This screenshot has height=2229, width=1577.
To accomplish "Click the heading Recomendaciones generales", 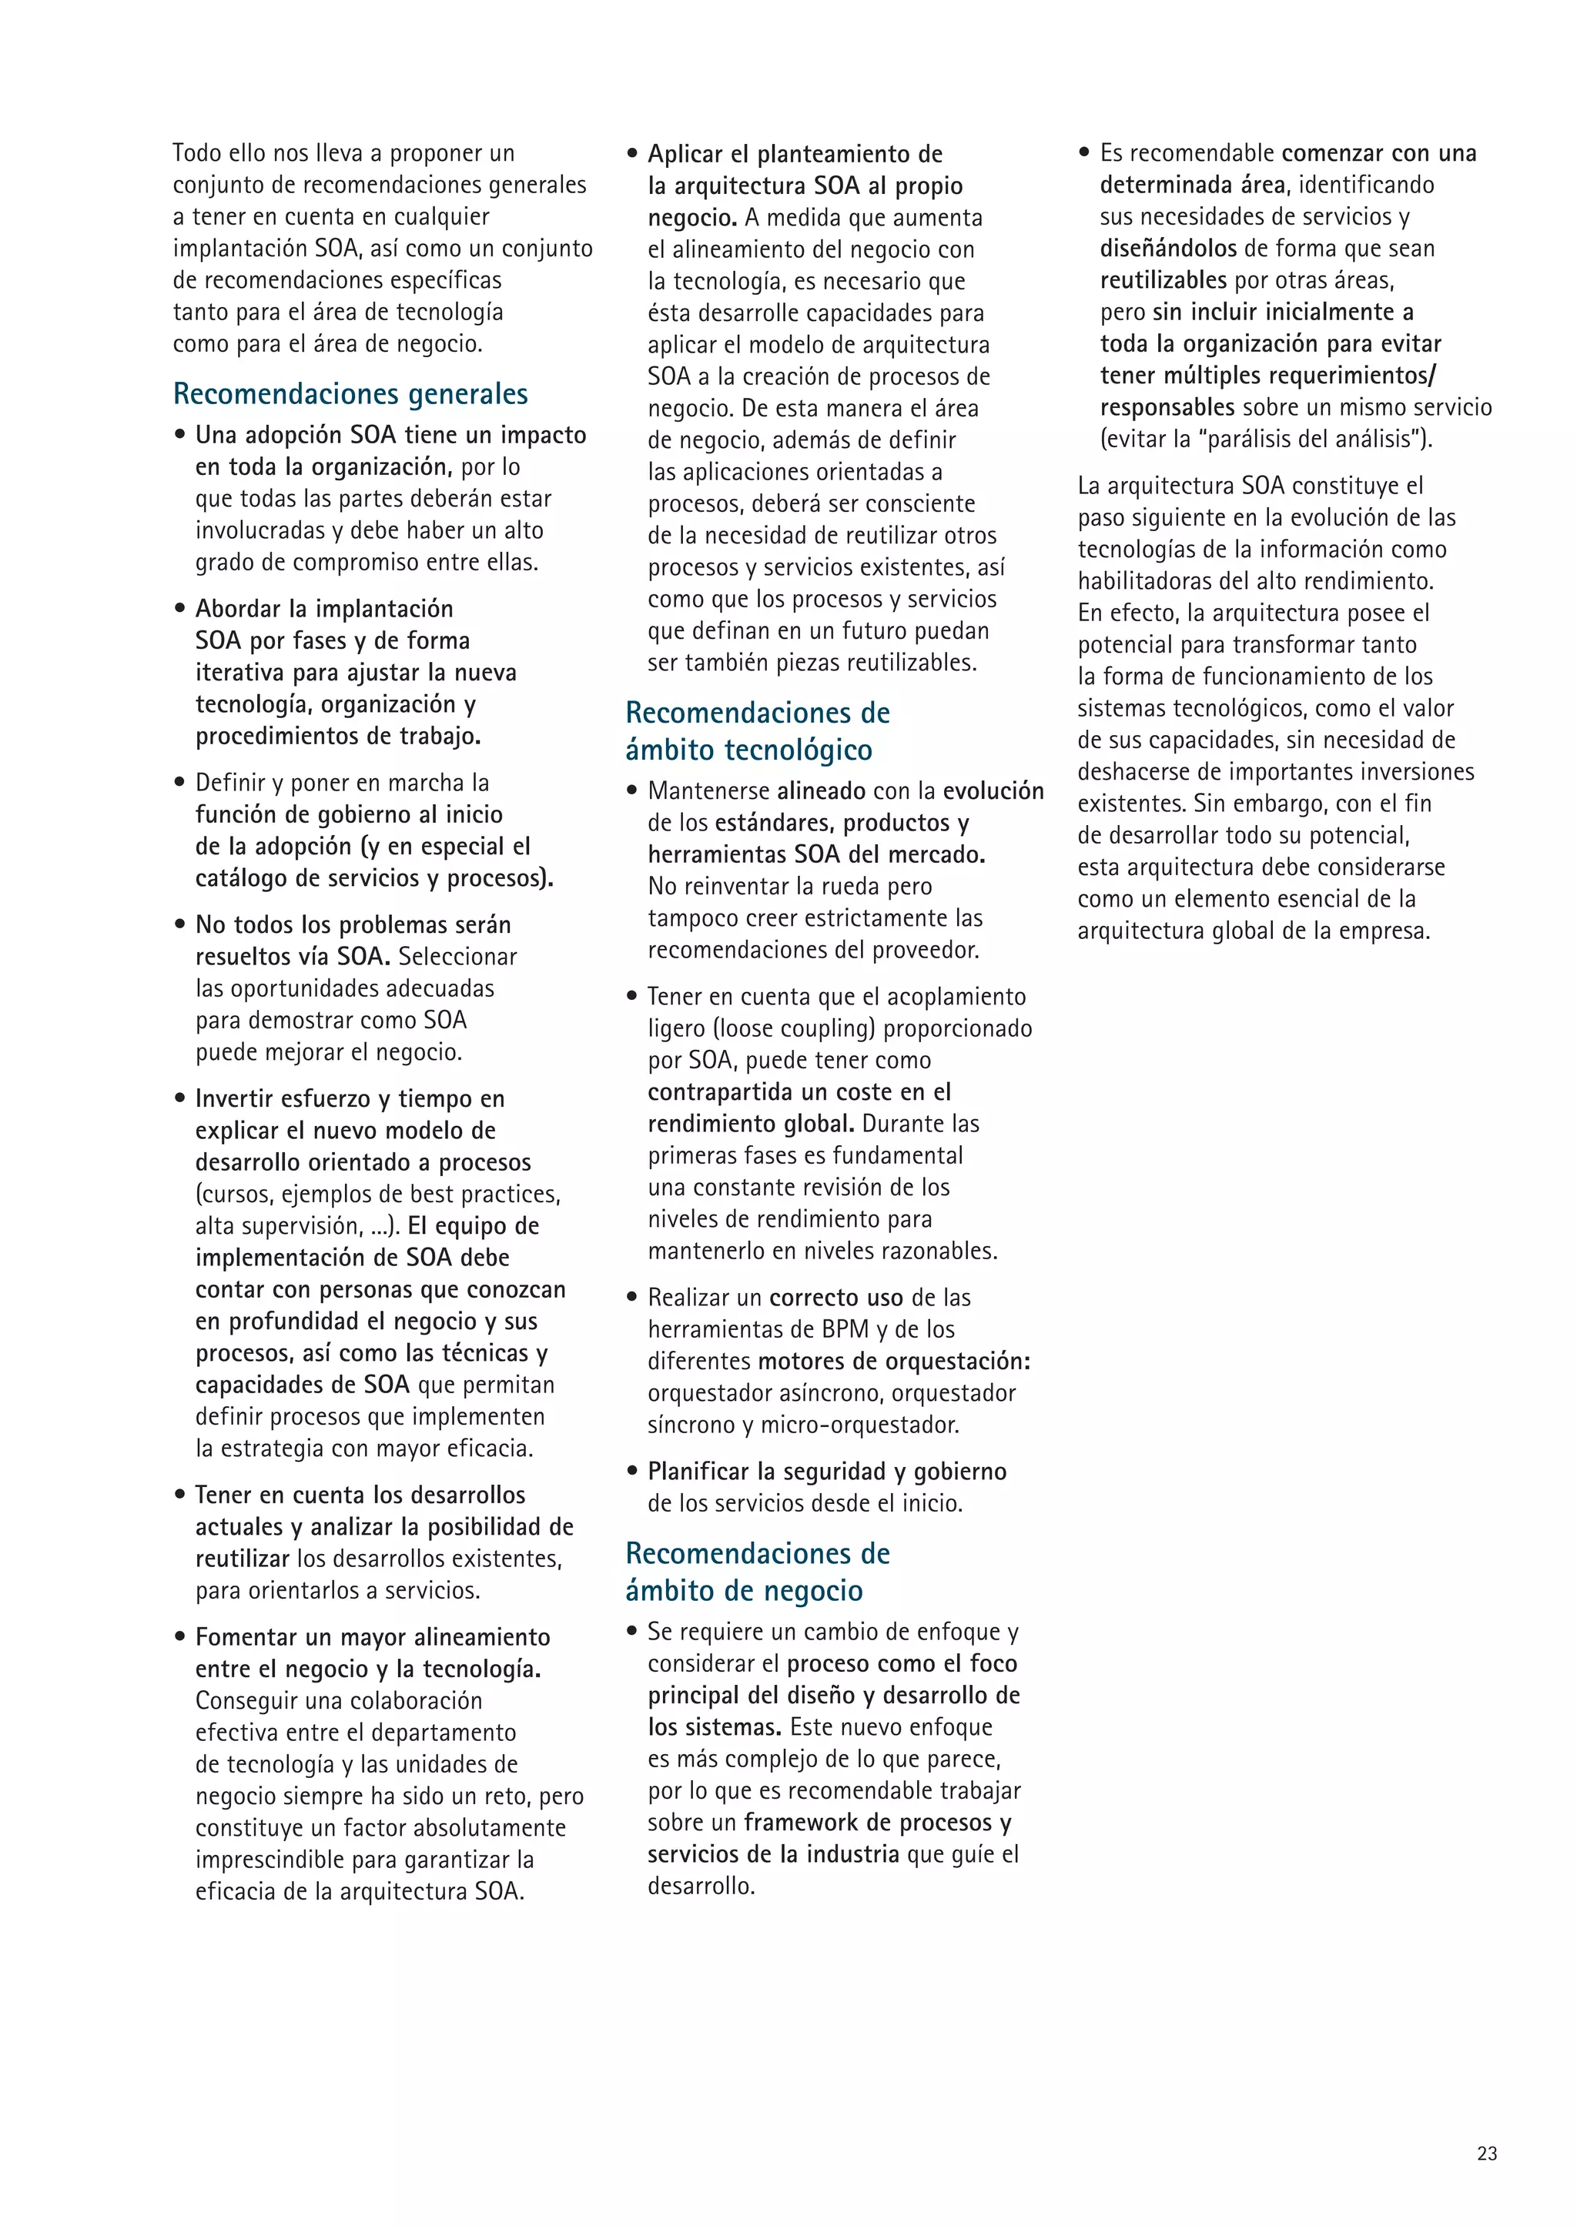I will coord(350,394).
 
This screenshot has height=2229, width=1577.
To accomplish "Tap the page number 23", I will coord(1487,2154).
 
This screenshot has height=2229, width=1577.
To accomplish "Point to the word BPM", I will coord(845,1329).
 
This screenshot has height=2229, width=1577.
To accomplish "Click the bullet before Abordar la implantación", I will coord(179,609).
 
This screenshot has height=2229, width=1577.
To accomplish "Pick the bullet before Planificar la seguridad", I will coord(632,1472).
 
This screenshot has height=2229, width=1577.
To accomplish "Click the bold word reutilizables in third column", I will coord(1163,281).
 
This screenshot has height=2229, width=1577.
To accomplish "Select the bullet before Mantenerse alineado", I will coord(632,791).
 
